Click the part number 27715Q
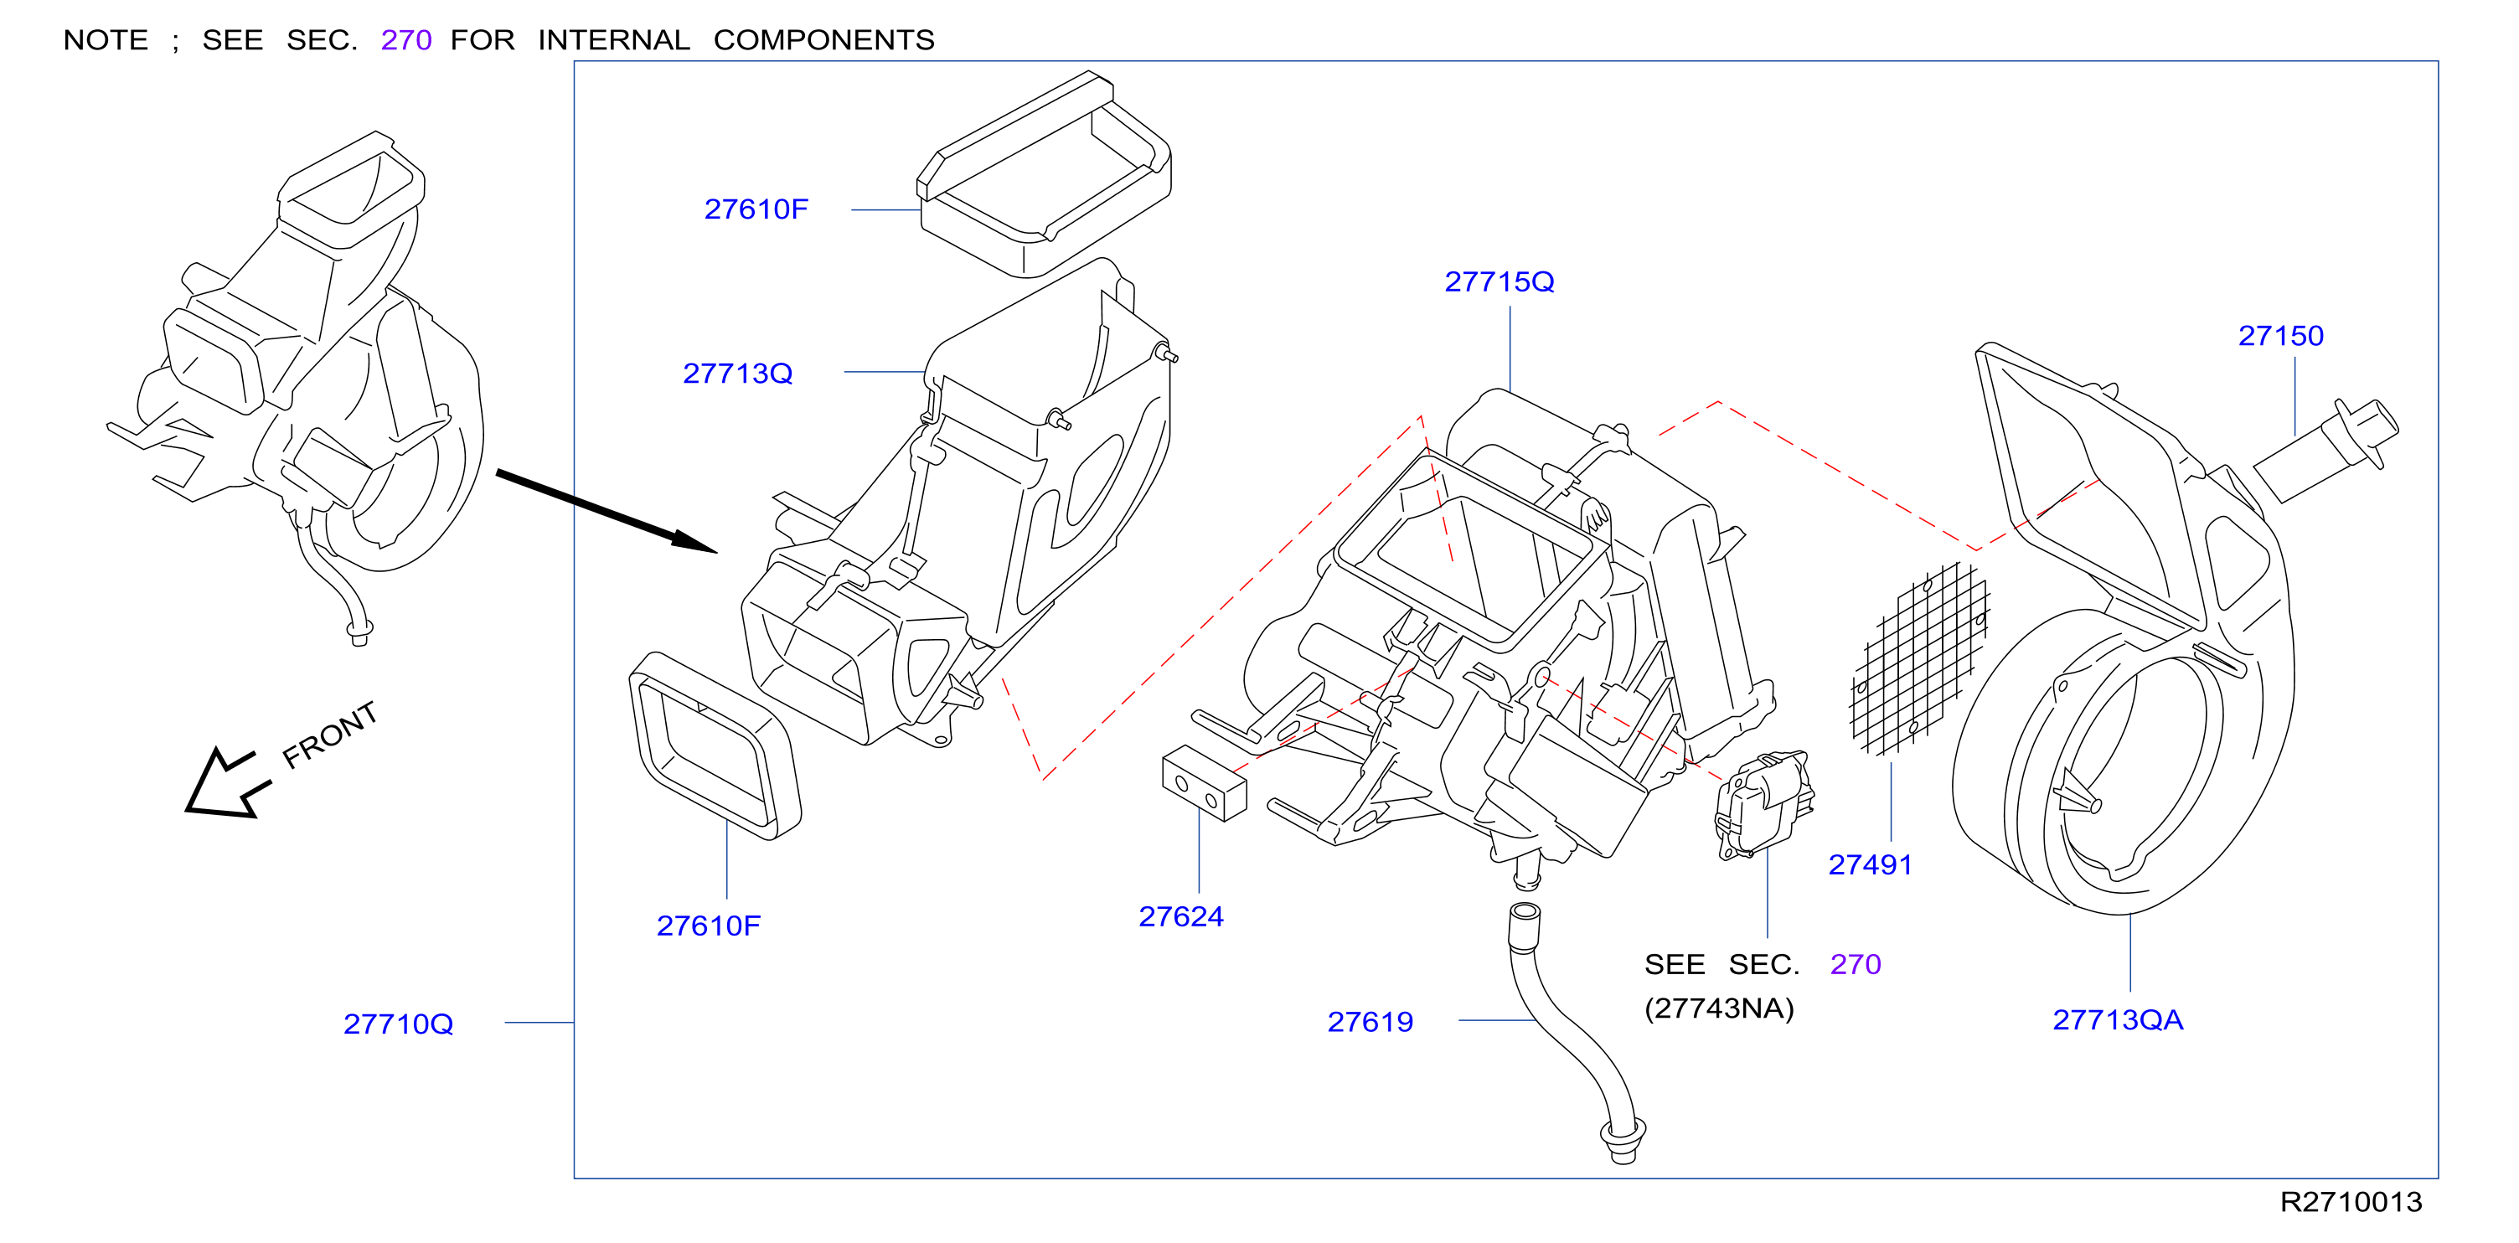1498,281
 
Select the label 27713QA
2117,1020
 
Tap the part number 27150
2280,335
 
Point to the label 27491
1870,864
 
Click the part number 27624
1180,916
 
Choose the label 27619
1369,1022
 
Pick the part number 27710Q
398,1024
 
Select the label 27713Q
737,374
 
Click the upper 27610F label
756,209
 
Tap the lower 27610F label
708,926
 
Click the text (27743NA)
1719,1008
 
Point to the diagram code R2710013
2351,1202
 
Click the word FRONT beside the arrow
329,735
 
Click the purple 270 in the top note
405,40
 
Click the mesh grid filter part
1919,659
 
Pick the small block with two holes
1204,783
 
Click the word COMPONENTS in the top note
823,40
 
